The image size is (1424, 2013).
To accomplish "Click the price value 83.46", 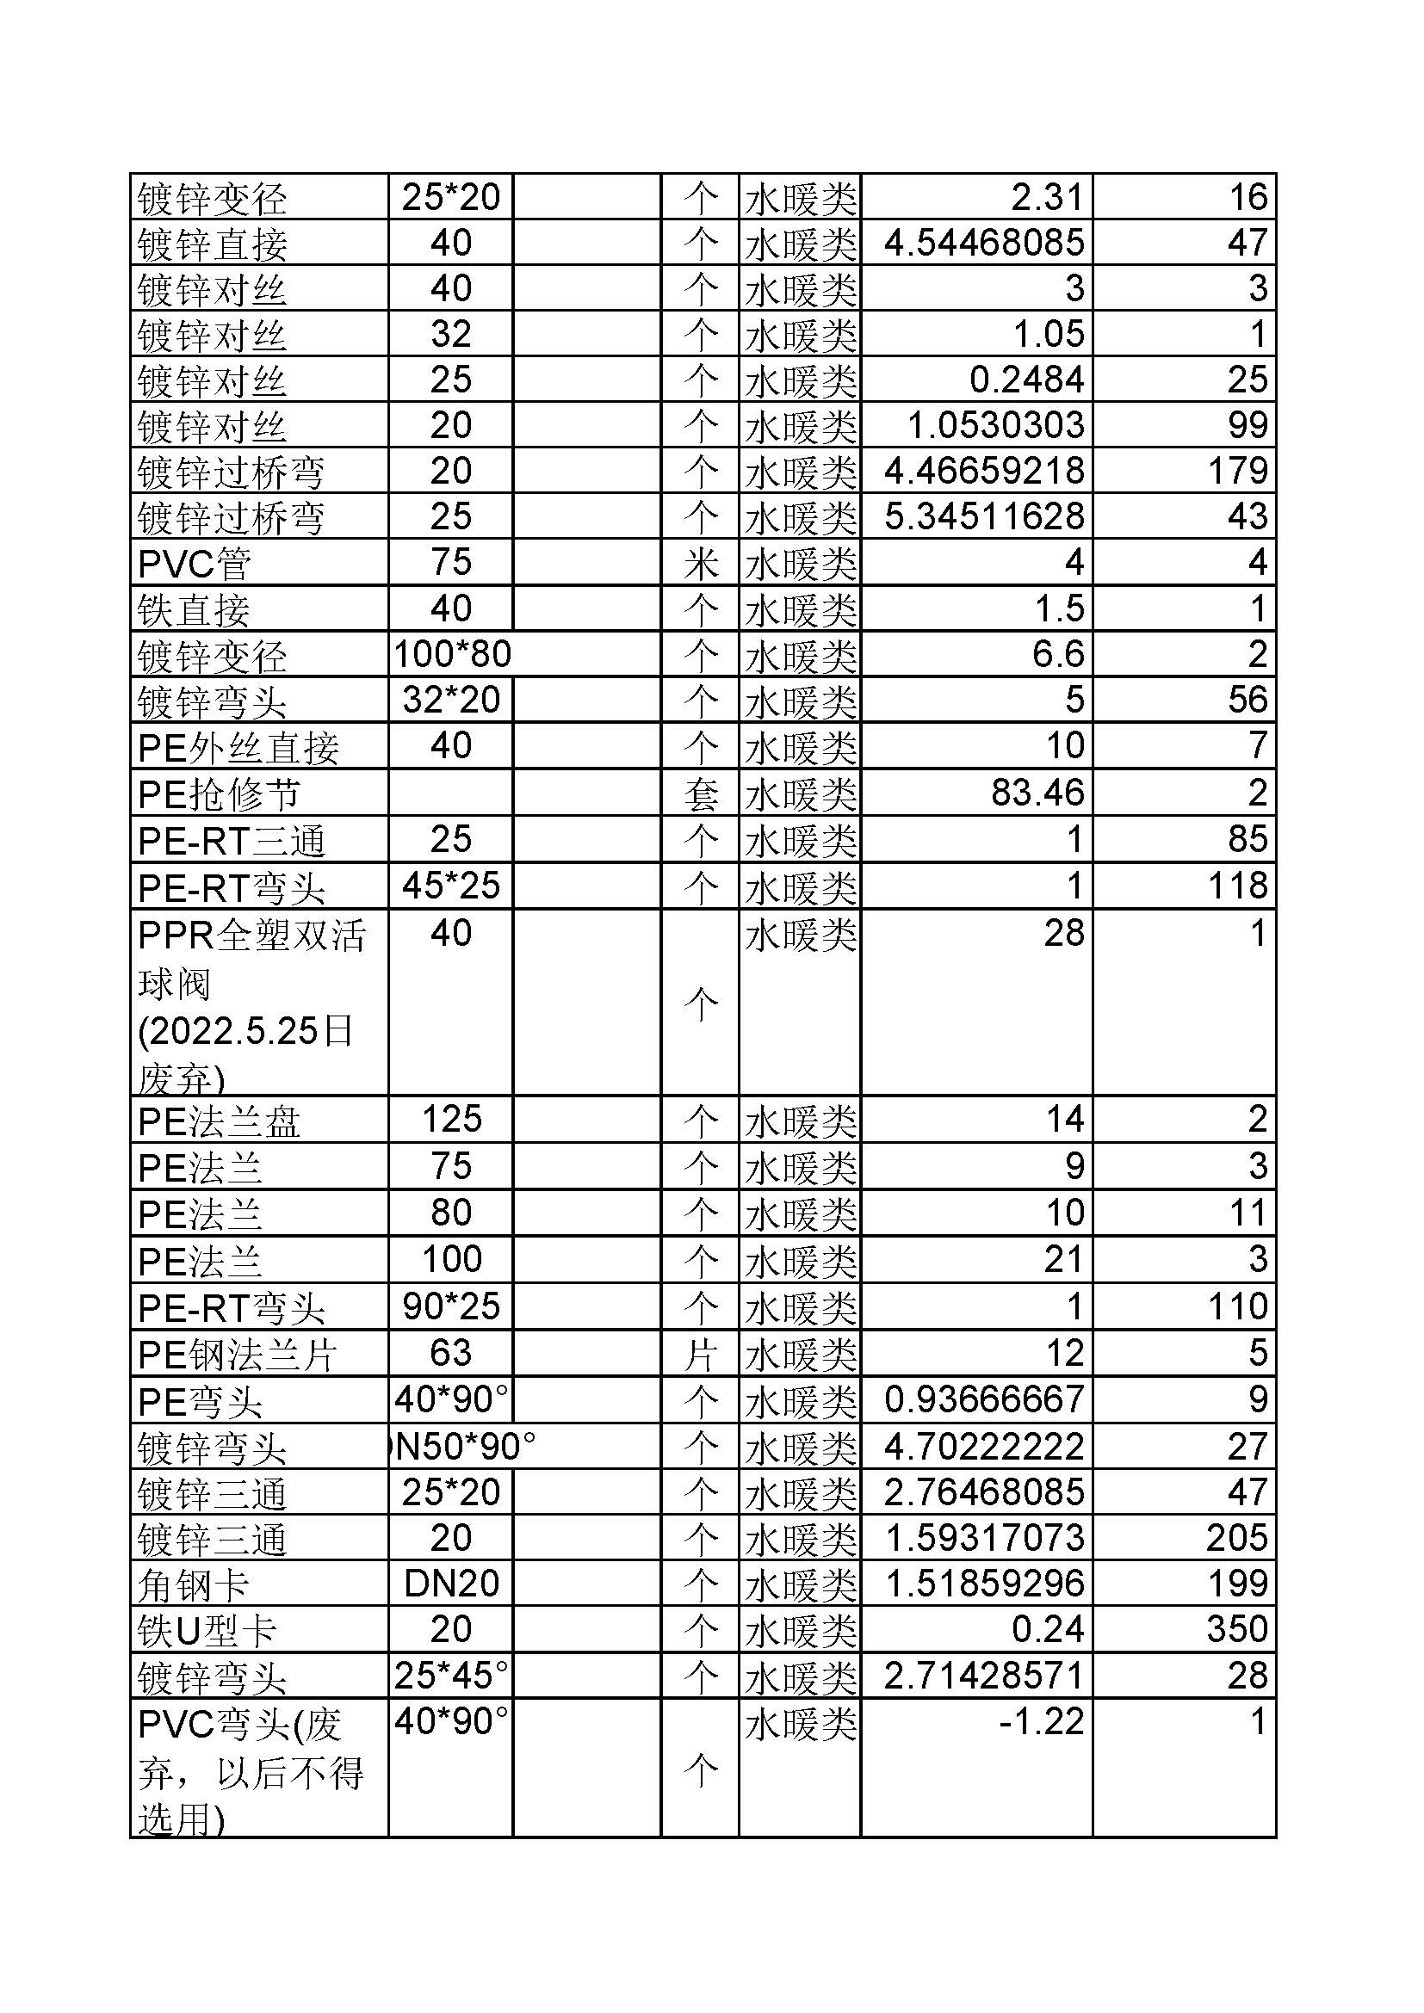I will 1037,793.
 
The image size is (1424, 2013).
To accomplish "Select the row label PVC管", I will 195,564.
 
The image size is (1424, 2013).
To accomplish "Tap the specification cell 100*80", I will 452,654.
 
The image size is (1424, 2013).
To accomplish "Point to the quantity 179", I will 1237,471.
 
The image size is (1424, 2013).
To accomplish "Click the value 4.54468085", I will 984,243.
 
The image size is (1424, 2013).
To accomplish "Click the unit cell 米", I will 701,564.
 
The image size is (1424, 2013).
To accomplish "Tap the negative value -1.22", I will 1042,1721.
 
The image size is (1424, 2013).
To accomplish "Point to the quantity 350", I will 1237,1629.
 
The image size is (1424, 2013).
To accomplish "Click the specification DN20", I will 452,1584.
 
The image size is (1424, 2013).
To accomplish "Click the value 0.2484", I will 1027,380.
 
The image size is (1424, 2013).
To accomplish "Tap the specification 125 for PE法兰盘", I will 452,1120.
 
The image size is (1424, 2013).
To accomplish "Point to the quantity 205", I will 1237,1538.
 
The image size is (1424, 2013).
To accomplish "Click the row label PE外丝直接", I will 238,747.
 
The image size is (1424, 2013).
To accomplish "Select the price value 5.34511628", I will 984,516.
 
